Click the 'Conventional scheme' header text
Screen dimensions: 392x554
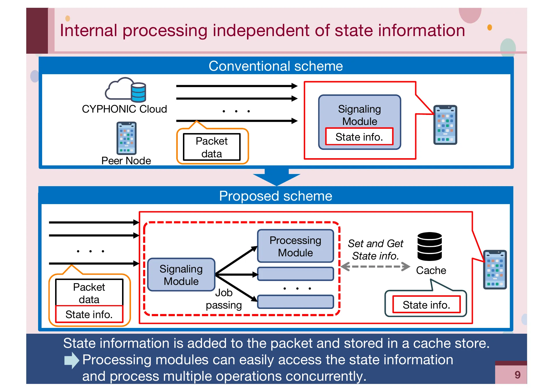[276, 66]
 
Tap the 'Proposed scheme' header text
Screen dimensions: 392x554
[276, 196]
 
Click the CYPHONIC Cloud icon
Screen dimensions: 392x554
[126, 90]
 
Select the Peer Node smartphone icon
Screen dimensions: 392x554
[126, 138]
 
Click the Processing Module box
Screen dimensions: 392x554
[295, 246]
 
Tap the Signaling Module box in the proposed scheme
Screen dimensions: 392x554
[181, 275]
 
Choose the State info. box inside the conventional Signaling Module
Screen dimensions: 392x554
[359, 137]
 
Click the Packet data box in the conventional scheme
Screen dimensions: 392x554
[212, 147]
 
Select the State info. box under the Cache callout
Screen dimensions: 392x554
[426, 305]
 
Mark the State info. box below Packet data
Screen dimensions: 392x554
[89, 314]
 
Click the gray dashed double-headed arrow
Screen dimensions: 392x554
[375, 266]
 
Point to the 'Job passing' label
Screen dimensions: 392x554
[224, 299]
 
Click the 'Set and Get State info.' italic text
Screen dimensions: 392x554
[375, 250]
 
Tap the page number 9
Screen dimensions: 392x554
[517, 375]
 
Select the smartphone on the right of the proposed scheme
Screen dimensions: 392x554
[495, 270]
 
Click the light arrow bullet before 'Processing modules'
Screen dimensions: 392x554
[71, 360]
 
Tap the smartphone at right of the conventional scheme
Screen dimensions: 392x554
[445, 125]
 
